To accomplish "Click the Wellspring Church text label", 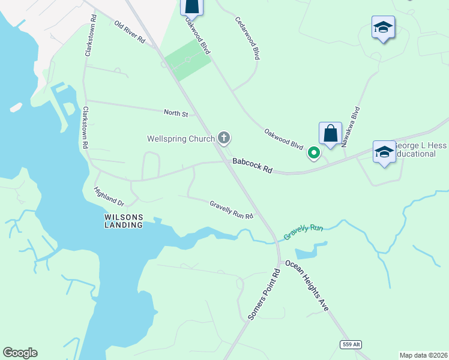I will pyautogui.click(x=181, y=139).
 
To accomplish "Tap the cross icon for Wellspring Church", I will pyautogui.click(x=224, y=139).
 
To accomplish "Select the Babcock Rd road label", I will pyautogui.click(x=253, y=166).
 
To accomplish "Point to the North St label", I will pyautogui.click(x=176, y=113).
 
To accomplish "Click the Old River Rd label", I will pyautogui.click(x=130, y=32).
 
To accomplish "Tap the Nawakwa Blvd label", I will pyautogui.click(x=351, y=127).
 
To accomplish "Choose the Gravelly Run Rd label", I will pyautogui.click(x=231, y=209).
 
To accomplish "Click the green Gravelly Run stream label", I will pyautogui.click(x=303, y=232).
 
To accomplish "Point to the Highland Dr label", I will pyautogui.click(x=109, y=196).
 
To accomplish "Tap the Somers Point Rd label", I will pyautogui.click(x=264, y=293).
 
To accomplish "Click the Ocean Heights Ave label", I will pyautogui.click(x=307, y=285).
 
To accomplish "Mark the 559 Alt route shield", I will pyautogui.click(x=350, y=344).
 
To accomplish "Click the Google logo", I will pyautogui.click(x=20, y=353).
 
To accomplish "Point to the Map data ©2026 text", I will pyautogui.click(x=423, y=355).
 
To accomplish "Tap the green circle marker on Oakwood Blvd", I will pyautogui.click(x=313, y=154).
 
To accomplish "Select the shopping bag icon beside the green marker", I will pyautogui.click(x=330, y=133).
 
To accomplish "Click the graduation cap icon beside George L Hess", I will pyautogui.click(x=384, y=151).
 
